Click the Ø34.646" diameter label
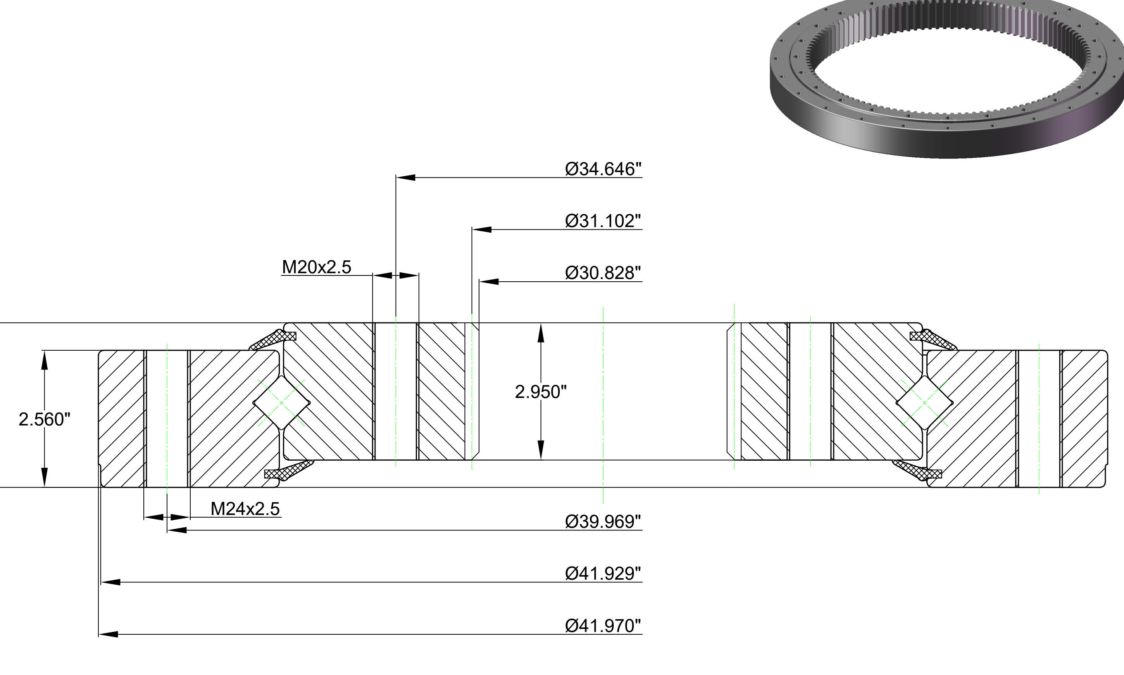pos(603,169)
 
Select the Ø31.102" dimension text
pos(603,220)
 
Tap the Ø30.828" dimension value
pos(603,273)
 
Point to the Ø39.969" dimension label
pos(603,521)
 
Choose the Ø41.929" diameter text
pos(603,573)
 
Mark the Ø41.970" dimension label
pos(603,625)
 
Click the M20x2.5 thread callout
pos(317,267)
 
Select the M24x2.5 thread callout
pos(245,508)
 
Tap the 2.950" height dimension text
pos(541,392)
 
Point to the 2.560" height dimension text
pos(45,419)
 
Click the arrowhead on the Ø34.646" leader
pos(405,177)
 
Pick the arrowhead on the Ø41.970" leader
pos(108,634)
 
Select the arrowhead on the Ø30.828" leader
pos(489,282)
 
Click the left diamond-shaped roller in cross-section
pos(281,403)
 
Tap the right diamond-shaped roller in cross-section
pos(924,403)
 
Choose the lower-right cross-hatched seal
pos(917,470)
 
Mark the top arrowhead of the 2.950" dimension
pos(541,333)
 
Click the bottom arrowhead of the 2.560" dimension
pos(45,477)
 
